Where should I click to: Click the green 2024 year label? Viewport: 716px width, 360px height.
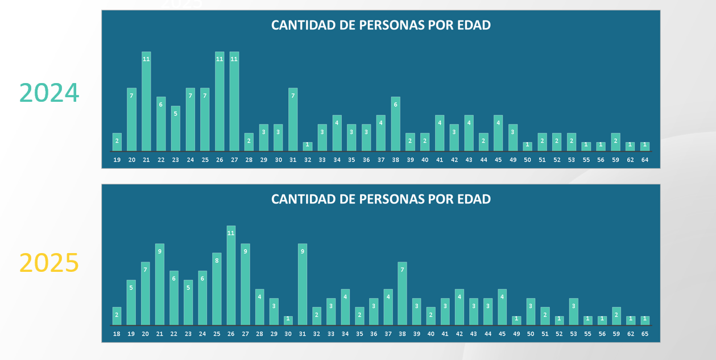[x=49, y=93]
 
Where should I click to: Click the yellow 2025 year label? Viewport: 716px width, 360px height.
[x=49, y=263]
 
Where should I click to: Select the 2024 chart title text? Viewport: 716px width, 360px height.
[x=380, y=25]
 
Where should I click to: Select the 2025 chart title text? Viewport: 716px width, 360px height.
[x=380, y=199]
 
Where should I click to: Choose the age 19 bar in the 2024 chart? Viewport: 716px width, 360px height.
[x=117, y=142]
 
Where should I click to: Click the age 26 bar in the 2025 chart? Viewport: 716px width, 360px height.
[x=231, y=275]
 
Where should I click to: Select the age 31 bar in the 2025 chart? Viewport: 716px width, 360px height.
[x=303, y=284]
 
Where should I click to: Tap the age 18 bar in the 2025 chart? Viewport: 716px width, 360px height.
[x=117, y=316]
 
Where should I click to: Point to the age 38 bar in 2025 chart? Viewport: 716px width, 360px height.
[x=402, y=293]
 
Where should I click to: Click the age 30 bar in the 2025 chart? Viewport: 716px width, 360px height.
[x=288, y=321]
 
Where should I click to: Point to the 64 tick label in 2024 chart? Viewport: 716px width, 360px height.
[x=645, y=160]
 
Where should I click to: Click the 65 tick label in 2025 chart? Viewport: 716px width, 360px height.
[x=645, y=334]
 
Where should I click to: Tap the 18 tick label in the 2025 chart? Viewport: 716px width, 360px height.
[x=117, y=334]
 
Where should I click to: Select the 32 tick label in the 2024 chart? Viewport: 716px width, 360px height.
[x=308, y=160]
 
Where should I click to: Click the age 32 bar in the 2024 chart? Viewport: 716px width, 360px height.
[x=308, y=147]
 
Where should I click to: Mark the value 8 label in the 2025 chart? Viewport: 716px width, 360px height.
[x=217, y=260]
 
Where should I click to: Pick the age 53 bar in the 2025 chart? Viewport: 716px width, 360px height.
[x=573, y=312]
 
